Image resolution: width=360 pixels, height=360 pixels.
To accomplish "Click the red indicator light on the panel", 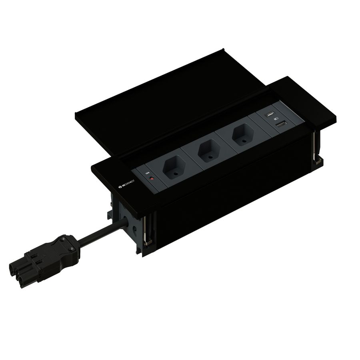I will point(152,178).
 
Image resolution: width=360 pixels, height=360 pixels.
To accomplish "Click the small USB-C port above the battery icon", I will point(270,115).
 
